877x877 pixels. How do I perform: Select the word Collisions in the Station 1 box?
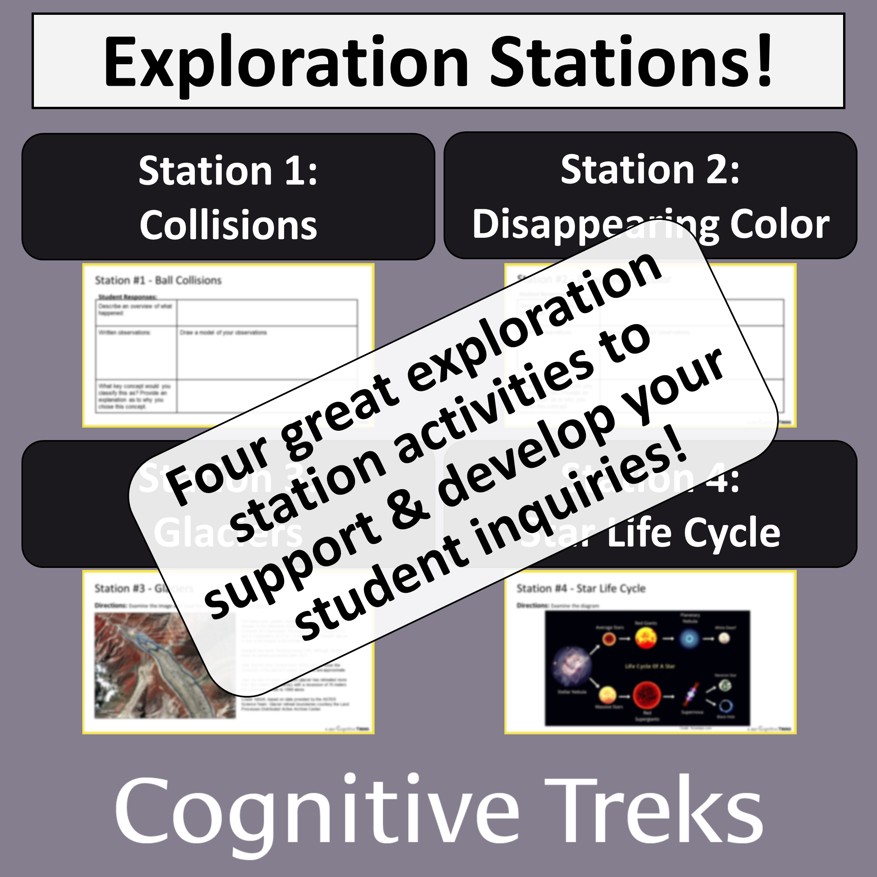(228, 225)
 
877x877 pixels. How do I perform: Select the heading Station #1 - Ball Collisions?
(158, 280)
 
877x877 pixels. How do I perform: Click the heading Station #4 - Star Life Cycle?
(581, 588)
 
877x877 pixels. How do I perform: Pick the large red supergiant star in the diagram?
(646, 694)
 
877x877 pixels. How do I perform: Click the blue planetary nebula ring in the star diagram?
(689, 639)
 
